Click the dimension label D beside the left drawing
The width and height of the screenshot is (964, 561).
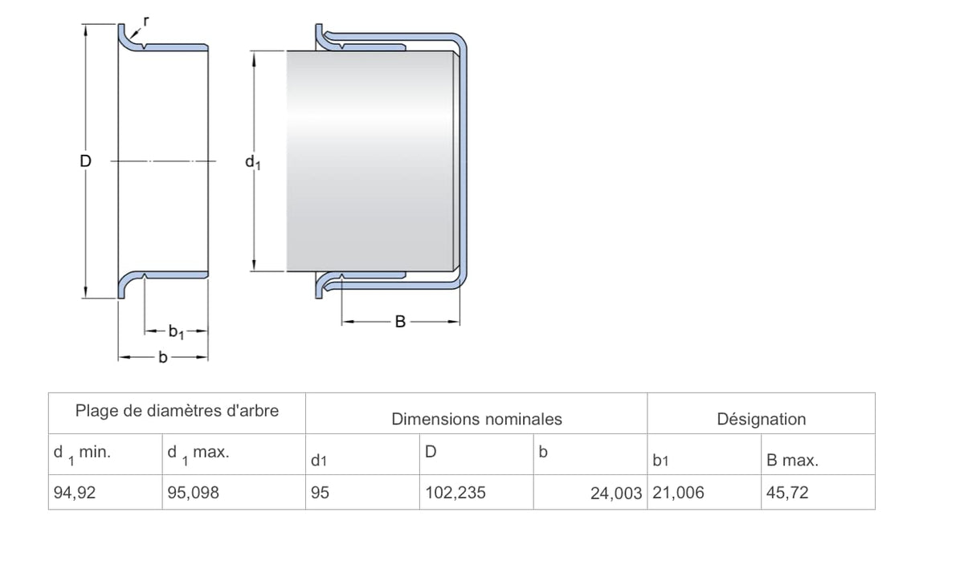point(86,161)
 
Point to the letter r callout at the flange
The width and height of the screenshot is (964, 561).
point(146,21)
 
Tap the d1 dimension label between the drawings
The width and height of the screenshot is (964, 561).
point(253,162)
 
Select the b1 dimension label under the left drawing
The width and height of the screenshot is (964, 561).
point(176,332)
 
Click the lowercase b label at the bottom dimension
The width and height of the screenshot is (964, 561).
point(162,357)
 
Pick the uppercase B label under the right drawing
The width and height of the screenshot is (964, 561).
point(400,322)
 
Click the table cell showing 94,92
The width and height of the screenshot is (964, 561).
point(75,493)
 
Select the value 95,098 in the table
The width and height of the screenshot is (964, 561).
point(194,493)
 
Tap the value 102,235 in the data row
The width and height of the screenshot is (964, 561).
point(455,493)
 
